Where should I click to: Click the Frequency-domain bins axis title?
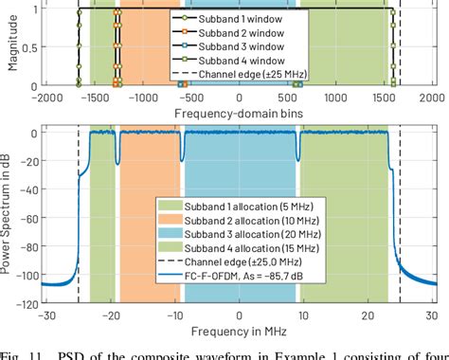(236, 113)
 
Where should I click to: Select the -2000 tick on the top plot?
(45, 98)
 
